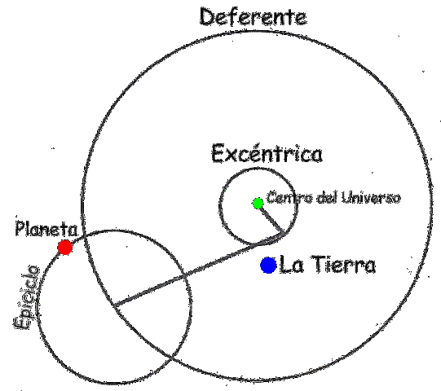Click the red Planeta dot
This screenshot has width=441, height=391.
pyautogui.click(x=65, y=247)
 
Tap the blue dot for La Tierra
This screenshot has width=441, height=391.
pyautogui.click(x=268, y=265)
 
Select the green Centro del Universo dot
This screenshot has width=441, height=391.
pyautogui.click(x=258, y=203)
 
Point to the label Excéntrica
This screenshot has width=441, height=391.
pyautogui.click(x=267, y=154)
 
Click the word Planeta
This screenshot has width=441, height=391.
pyautogui.click(x=46, y=229)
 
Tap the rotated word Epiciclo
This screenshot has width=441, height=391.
pyautogui.click(x=26, y=297)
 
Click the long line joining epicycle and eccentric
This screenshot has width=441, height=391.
pyautogui.click(x=196, y=270)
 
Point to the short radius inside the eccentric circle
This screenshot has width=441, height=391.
pyautogui.click(x=271, y=218)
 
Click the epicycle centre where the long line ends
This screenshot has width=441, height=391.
pyautogui.click(x=113, y=306)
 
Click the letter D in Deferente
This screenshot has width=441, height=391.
pyautogui.click(x=207, y=16)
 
